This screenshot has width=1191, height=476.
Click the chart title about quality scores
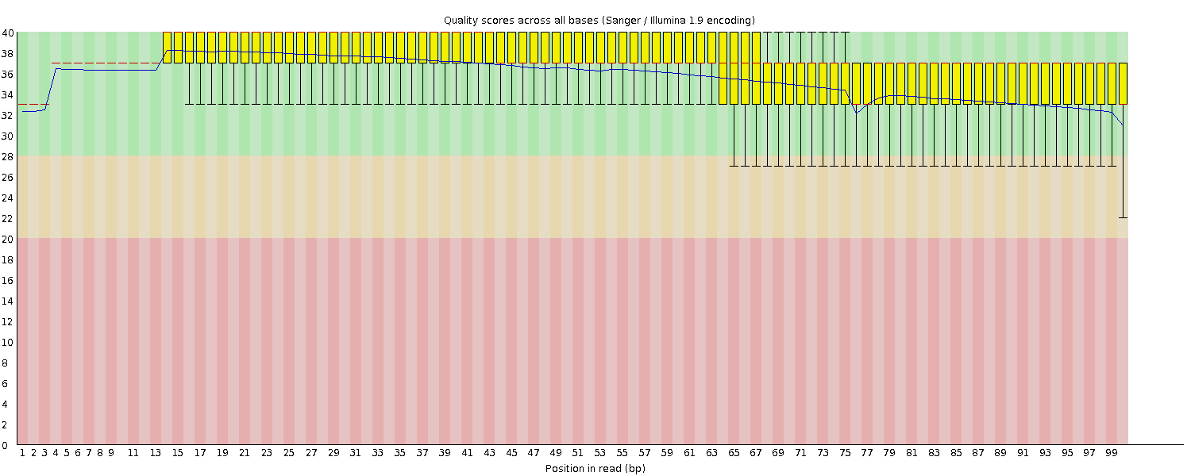(599, 20)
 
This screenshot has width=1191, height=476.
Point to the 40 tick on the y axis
(8, 33)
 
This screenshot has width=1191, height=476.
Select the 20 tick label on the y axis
(8, 239)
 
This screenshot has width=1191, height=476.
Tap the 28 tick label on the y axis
(8, 156)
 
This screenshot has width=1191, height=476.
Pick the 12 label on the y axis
(8, 321)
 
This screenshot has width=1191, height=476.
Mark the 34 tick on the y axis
(8, 94)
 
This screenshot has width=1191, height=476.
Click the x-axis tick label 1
(22, 453)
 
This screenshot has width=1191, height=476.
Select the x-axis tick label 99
(1112, 453)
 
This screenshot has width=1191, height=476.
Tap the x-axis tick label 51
(578, 453)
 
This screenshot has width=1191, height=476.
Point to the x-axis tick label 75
(845, 453)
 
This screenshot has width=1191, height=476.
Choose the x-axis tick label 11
(133, 453)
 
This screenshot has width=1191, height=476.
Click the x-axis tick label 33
(378, 453)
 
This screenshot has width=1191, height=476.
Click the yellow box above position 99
(1112, 83)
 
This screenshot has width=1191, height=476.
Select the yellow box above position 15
(178, 47)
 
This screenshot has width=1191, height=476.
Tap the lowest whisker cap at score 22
(1123, 217)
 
